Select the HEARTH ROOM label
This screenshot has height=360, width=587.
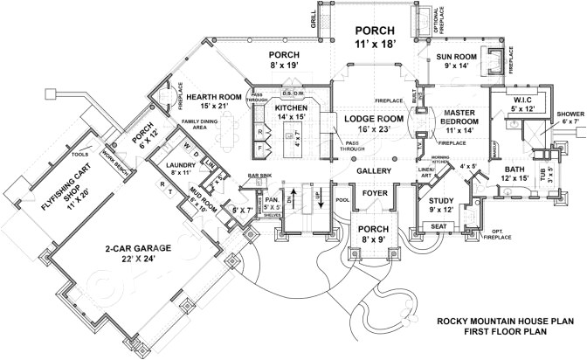tap(209, 94)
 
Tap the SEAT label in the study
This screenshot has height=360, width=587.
tap(437, 226)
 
